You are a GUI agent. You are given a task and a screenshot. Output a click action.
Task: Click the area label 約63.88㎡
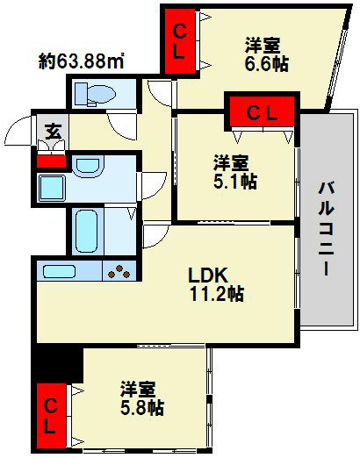[x=81, y=61]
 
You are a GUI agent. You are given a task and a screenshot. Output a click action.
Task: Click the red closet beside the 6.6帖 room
[x=179, y=39]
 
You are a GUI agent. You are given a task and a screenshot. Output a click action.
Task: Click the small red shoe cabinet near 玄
[x=52, y=161]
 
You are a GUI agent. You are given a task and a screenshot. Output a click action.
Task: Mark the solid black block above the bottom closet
[x=55, y=364]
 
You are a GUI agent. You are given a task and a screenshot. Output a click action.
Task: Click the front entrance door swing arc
[x=19, y=132]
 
